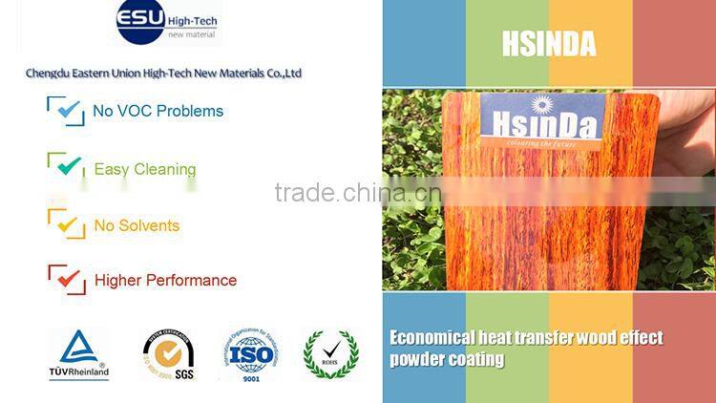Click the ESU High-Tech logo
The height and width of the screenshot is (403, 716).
point(166,22)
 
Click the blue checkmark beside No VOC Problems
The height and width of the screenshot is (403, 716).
point(66,111)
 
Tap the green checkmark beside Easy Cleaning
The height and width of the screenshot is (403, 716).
point(67,167)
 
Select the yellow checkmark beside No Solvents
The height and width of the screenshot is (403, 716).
point(67,225)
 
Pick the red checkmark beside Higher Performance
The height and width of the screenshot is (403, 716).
point(67,279)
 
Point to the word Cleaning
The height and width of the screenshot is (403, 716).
point(165,170)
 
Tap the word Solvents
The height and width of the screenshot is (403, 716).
point(148,226)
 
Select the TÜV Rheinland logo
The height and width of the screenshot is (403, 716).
point(78,354)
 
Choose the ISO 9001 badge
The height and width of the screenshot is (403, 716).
point(249,354)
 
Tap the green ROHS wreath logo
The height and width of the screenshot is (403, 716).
point(330,354)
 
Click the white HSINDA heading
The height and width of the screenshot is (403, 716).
point(548,43)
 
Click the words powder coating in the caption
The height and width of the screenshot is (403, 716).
point(447,360)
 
